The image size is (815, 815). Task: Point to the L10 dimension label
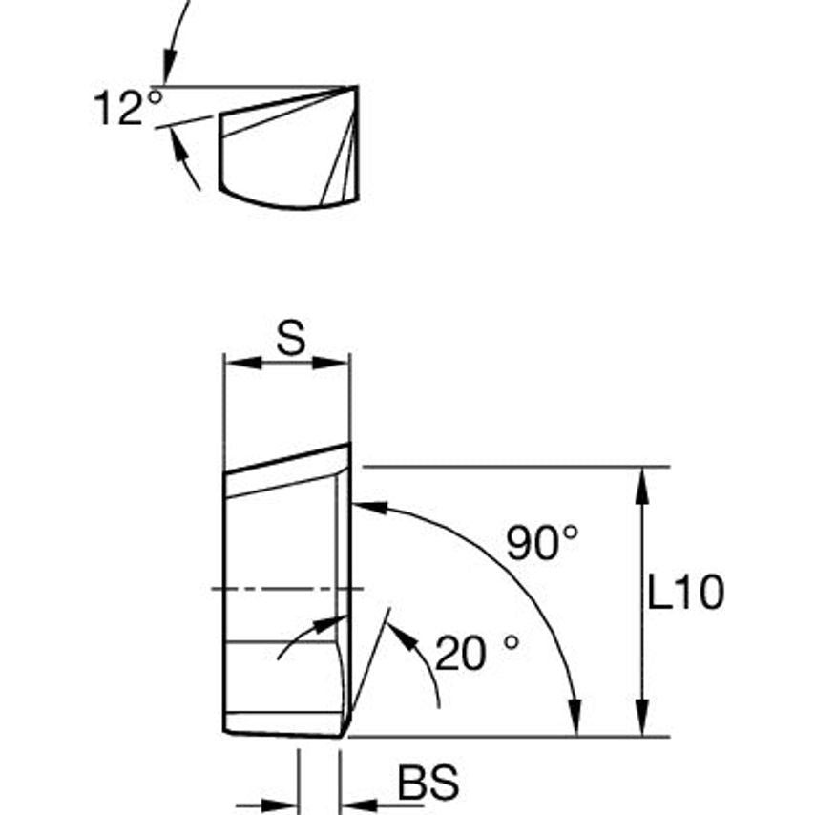(685, 594)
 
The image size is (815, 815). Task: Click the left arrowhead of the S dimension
(236, 363)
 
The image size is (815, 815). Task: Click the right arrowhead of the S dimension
(338, 363)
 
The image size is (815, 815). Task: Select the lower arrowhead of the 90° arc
(575, 723)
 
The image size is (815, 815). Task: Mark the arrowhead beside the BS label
(354, 805)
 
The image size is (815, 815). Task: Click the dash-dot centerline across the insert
(286, 589)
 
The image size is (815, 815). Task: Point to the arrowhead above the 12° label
(168, 71)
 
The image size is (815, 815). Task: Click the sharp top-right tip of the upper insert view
(357, 87)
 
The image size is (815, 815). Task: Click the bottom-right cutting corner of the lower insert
(342, 735)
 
